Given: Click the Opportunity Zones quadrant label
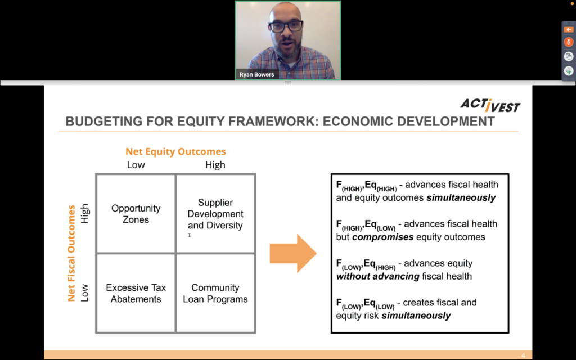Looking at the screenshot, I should tap(136, 214).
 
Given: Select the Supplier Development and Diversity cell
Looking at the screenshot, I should tap(215, 214).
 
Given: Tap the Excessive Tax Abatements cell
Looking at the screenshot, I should tap(136, 293).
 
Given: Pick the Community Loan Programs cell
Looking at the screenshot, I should tap(215, 293).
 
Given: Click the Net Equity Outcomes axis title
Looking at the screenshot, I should tap(175, 151).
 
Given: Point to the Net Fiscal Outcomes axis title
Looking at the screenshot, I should tap(71, 253).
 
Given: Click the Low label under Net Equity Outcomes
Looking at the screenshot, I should tap(136, 165).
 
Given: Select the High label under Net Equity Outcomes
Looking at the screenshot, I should tap(215, 165).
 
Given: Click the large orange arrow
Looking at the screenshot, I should tap(293, 253).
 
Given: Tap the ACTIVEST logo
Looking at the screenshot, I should tap(490, 105).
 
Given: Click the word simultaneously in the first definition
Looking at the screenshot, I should tap(461, 197).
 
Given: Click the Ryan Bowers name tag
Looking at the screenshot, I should tap(256, 74).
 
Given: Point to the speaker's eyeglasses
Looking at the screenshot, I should tap(286, 26).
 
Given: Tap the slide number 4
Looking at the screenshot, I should tap(523, 355).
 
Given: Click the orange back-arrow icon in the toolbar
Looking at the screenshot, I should tap(568, 29).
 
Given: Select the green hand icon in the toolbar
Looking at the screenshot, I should tap(569, 71).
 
